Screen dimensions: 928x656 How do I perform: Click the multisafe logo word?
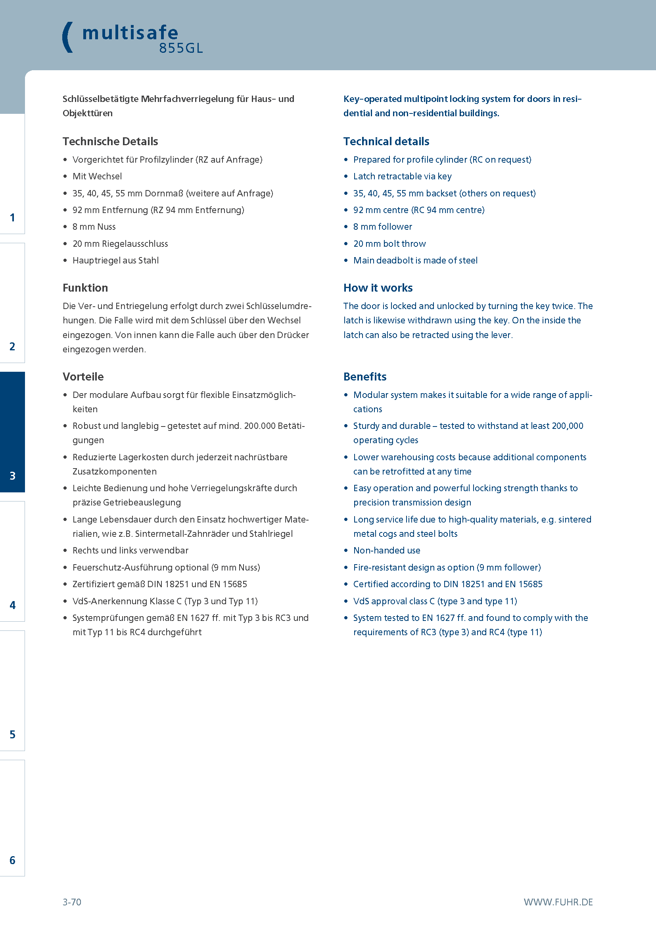pyautogui.click(x=130, y=33)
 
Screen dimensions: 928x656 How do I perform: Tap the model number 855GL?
pyautogui.click(x=180, y=48)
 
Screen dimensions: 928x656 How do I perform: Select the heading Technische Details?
pyautogui.click(x=110, y=142)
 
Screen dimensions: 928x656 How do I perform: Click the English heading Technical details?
pyautogui.click(x=386, y=142)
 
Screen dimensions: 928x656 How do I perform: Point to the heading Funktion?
pyautogui.click(x=85, y=288)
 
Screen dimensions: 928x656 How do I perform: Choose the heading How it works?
pyautogui.click(x=378, y=288)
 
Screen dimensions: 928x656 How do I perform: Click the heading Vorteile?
pyautogui.click(x=83, y=377)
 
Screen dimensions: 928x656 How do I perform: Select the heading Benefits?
pyautogui.click(x=365, y=377)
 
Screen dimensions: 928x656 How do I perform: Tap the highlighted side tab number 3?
pyautogui.click(x=13, y=476)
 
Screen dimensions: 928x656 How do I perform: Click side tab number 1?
pyautogui.click(x=13, y=217)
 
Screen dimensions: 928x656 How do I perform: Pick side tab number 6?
pyautogui.click(x=13, y=860)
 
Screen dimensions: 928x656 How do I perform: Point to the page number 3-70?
pyautogui.click(x=72, y=902)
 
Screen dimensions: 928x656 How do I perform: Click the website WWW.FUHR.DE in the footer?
pyautogui.click(x=558, y=902)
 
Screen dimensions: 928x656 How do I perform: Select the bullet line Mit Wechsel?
pyautogui.click(x=97, y=177)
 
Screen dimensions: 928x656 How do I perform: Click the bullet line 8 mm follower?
pyautogui.click(x=382, y=227)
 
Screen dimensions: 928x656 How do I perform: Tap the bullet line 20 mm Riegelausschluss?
pyautogui.click(x=120, y=244)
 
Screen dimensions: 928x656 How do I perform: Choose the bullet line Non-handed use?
pyautogui.click(x=387, y=551)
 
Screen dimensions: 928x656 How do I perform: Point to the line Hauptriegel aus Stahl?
pyautogui.click(x=115, y=261)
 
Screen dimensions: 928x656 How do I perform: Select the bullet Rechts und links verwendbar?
pyautogui.click(x=130, y=551)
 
